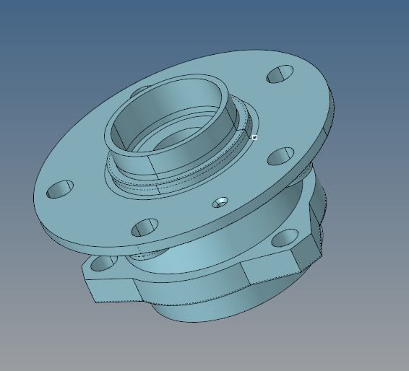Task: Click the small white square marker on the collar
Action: click(x=255, y=136)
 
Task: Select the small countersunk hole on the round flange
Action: click(x=221, y=201)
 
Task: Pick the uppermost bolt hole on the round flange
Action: click(x=280, y=74)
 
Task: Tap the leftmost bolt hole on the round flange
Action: click(x=60, y=190)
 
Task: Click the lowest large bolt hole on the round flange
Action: click(x=145, y=227)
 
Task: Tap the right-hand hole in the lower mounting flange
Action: click(x=286, y=236)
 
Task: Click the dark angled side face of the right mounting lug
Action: click(x=316, y=217)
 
